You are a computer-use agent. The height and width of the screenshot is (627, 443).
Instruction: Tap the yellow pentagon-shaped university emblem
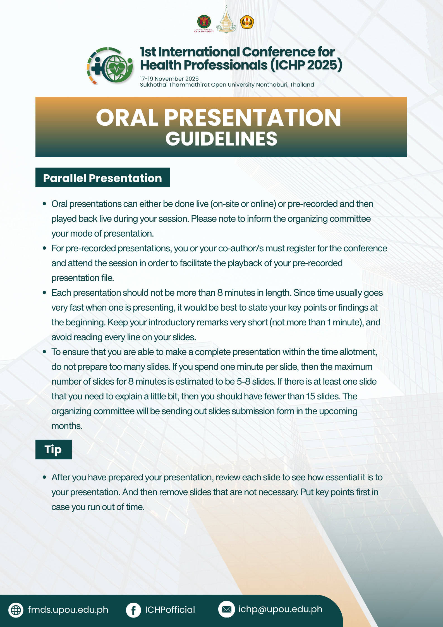[247, 22]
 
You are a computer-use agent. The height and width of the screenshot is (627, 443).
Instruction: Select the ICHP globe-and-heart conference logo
[110, 66]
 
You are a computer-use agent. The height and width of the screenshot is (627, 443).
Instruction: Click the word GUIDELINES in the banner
[221, 139]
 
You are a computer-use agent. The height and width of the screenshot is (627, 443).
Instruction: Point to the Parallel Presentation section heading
[102, 178]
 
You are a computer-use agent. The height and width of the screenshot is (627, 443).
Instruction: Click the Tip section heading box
[54, 449]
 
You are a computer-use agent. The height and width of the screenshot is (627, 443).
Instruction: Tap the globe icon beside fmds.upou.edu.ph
[16, 610]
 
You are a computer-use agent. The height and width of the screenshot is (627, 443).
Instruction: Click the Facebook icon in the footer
[133, 610]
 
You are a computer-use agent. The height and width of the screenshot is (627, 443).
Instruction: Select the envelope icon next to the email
[226, 609]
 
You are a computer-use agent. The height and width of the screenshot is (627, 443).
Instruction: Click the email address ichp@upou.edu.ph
[280, 609]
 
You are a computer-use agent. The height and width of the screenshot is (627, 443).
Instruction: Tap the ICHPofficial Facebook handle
[170, 610]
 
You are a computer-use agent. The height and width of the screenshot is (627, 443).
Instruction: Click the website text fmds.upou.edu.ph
[68, 610]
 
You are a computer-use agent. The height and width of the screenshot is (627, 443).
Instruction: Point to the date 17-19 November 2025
[169, 79]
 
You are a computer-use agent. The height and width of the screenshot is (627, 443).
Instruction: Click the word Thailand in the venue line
[302, 85]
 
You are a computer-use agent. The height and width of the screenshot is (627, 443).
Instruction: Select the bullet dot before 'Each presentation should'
[44, 293]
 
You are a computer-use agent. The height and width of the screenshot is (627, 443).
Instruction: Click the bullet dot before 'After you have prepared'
[44, 477]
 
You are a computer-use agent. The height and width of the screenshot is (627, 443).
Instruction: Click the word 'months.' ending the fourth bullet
[67, 426]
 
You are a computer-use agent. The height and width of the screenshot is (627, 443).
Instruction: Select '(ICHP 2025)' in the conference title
[306, 65]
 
